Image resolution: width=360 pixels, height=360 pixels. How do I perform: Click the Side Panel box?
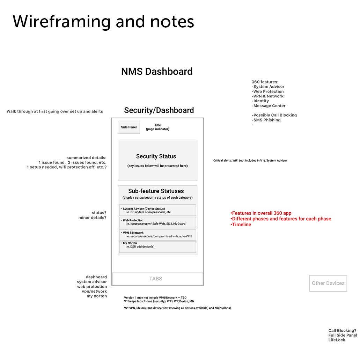click(129, 127)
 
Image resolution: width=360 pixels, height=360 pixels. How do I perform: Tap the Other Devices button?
click(328, 283)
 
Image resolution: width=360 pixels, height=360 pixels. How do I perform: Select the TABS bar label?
click(156, 279)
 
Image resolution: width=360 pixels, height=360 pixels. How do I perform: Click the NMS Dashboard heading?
click(157, 72)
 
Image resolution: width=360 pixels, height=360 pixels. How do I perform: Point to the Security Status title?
click(156, 156)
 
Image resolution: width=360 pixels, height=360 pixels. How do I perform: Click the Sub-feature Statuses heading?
click(156, 191)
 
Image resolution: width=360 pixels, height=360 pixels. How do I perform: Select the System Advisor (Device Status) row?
click(157, 210)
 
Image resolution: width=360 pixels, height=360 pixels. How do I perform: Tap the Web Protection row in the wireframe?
click(157, 222)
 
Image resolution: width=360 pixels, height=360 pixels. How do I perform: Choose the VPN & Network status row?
click(157, 235)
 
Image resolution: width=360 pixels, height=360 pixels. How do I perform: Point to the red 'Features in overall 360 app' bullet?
click(261, 213)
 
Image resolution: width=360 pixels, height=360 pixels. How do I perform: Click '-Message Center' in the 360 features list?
click(269, 106)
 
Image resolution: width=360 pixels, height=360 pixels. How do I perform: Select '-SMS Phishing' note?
click(266, 120)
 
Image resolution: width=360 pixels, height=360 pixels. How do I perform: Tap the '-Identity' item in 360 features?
click(260, 101)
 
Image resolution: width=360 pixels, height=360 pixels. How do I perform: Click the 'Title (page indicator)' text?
click(157, 127)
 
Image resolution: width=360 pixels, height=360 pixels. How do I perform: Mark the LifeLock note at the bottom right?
click(337, 340)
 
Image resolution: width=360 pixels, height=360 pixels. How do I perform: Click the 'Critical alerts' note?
click(250, 161)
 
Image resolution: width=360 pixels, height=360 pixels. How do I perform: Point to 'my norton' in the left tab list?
click(97, 296)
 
